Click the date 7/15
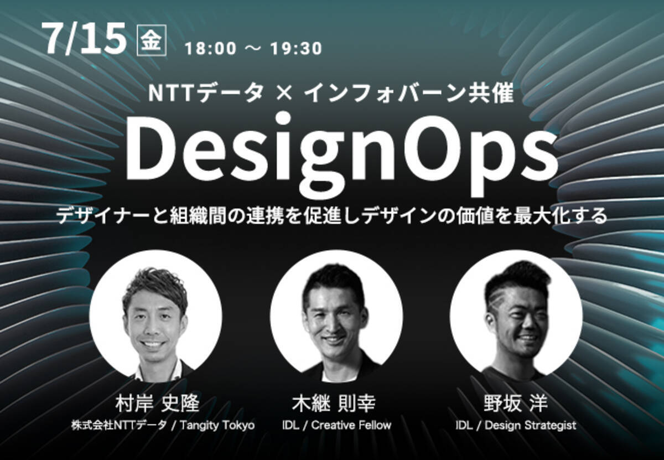86,40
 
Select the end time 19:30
296,49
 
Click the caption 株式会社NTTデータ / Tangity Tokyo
163,426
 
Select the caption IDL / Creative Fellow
336,426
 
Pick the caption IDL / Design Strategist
516,426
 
